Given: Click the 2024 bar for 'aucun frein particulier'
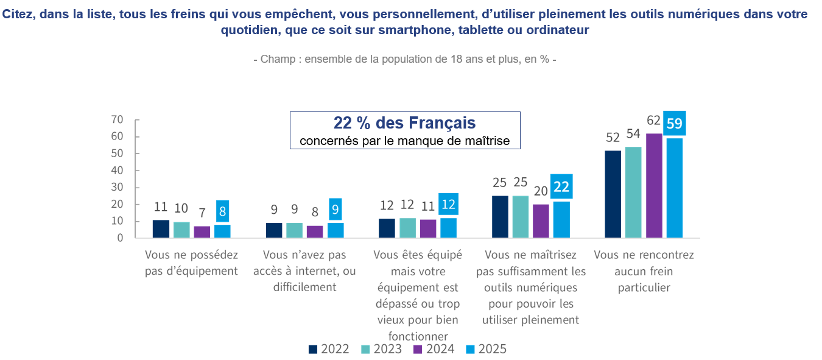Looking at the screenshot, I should (x=654, y=185).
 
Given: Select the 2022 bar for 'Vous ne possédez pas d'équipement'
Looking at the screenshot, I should (x=161, y=228).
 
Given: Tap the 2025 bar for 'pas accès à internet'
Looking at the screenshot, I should (x=335, y=230).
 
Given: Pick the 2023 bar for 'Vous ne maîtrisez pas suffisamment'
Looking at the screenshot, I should (x=521, y=216).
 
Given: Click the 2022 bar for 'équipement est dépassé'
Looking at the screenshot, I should (x=387, y=228).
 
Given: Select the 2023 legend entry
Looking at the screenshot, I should (x=381, y=349).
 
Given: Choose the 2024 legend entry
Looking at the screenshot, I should (x=434, y=349).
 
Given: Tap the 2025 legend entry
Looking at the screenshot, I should (x=485, y=349).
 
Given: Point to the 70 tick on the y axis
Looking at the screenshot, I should (x=117, y=119).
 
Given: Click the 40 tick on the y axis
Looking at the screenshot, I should (x=117, y=171).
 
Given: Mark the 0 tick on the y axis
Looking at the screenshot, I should (x=120, y=238).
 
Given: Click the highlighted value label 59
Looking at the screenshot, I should (x=674, y=124).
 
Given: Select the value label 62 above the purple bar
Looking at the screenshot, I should (x=654, y=121).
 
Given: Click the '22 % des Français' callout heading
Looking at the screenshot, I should (x=404, y=123).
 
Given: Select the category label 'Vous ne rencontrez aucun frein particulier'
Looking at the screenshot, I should (x=644, y=271).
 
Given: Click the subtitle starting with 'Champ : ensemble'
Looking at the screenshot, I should (x=404, y=60).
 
